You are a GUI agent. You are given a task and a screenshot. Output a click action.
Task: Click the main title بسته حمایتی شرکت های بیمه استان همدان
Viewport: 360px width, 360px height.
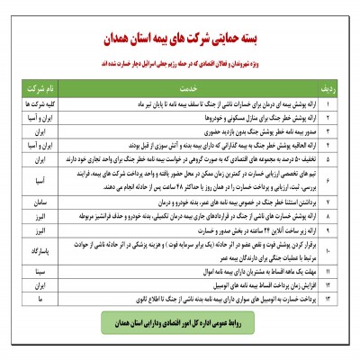pos(181,41)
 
